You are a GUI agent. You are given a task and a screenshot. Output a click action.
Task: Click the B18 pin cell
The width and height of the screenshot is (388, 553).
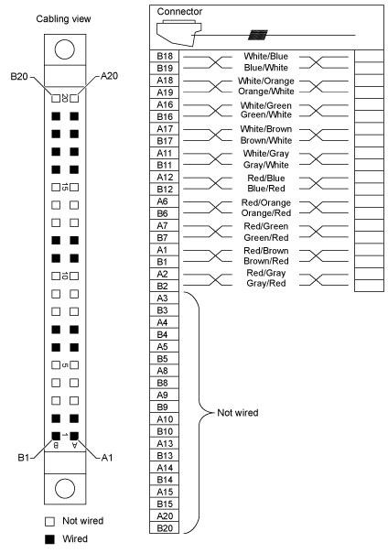click(164, 56)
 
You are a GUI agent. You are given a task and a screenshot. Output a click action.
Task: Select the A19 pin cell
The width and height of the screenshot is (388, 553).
click(164, 92)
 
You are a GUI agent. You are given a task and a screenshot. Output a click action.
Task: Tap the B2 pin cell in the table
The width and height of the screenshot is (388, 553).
click(164, 286)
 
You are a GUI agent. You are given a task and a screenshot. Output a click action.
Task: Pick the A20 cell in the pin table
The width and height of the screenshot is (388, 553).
click(164, 516)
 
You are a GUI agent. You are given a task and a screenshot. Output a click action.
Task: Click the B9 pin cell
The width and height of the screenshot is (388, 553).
click(164, 407)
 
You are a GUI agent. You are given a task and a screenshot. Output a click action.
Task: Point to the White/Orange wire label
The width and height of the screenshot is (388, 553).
click(265, 81)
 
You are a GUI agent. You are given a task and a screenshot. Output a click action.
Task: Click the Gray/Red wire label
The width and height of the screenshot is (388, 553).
click(266, 283)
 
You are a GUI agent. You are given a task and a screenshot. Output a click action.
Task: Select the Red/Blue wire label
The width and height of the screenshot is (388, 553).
click(266, 179)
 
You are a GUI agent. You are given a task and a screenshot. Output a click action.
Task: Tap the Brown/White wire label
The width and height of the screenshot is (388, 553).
click(266, 140)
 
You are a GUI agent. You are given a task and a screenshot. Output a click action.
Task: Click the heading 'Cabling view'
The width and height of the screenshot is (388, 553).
click(63, 19)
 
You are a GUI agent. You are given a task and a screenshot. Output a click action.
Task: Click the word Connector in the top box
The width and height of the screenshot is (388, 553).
click(179, 12)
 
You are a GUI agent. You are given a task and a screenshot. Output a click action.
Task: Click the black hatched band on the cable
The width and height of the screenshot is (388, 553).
click(258, 35)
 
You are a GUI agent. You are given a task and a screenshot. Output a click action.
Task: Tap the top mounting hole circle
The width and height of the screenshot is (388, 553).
click(65, 49)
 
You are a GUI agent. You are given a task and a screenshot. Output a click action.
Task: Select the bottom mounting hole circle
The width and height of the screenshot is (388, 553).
click(65, 489)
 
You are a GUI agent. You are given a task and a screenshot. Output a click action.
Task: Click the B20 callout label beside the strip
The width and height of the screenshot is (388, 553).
click(19, 76)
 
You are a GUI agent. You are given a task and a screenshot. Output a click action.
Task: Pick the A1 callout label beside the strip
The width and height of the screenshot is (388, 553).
click(107, 458)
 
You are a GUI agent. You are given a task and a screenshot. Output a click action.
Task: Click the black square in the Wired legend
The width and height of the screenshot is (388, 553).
click(50, 539)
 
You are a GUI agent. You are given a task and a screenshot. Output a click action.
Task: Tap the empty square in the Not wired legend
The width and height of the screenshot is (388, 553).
click(50, 521)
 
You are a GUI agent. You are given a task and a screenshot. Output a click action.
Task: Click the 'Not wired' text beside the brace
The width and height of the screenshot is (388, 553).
click(238, 413)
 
